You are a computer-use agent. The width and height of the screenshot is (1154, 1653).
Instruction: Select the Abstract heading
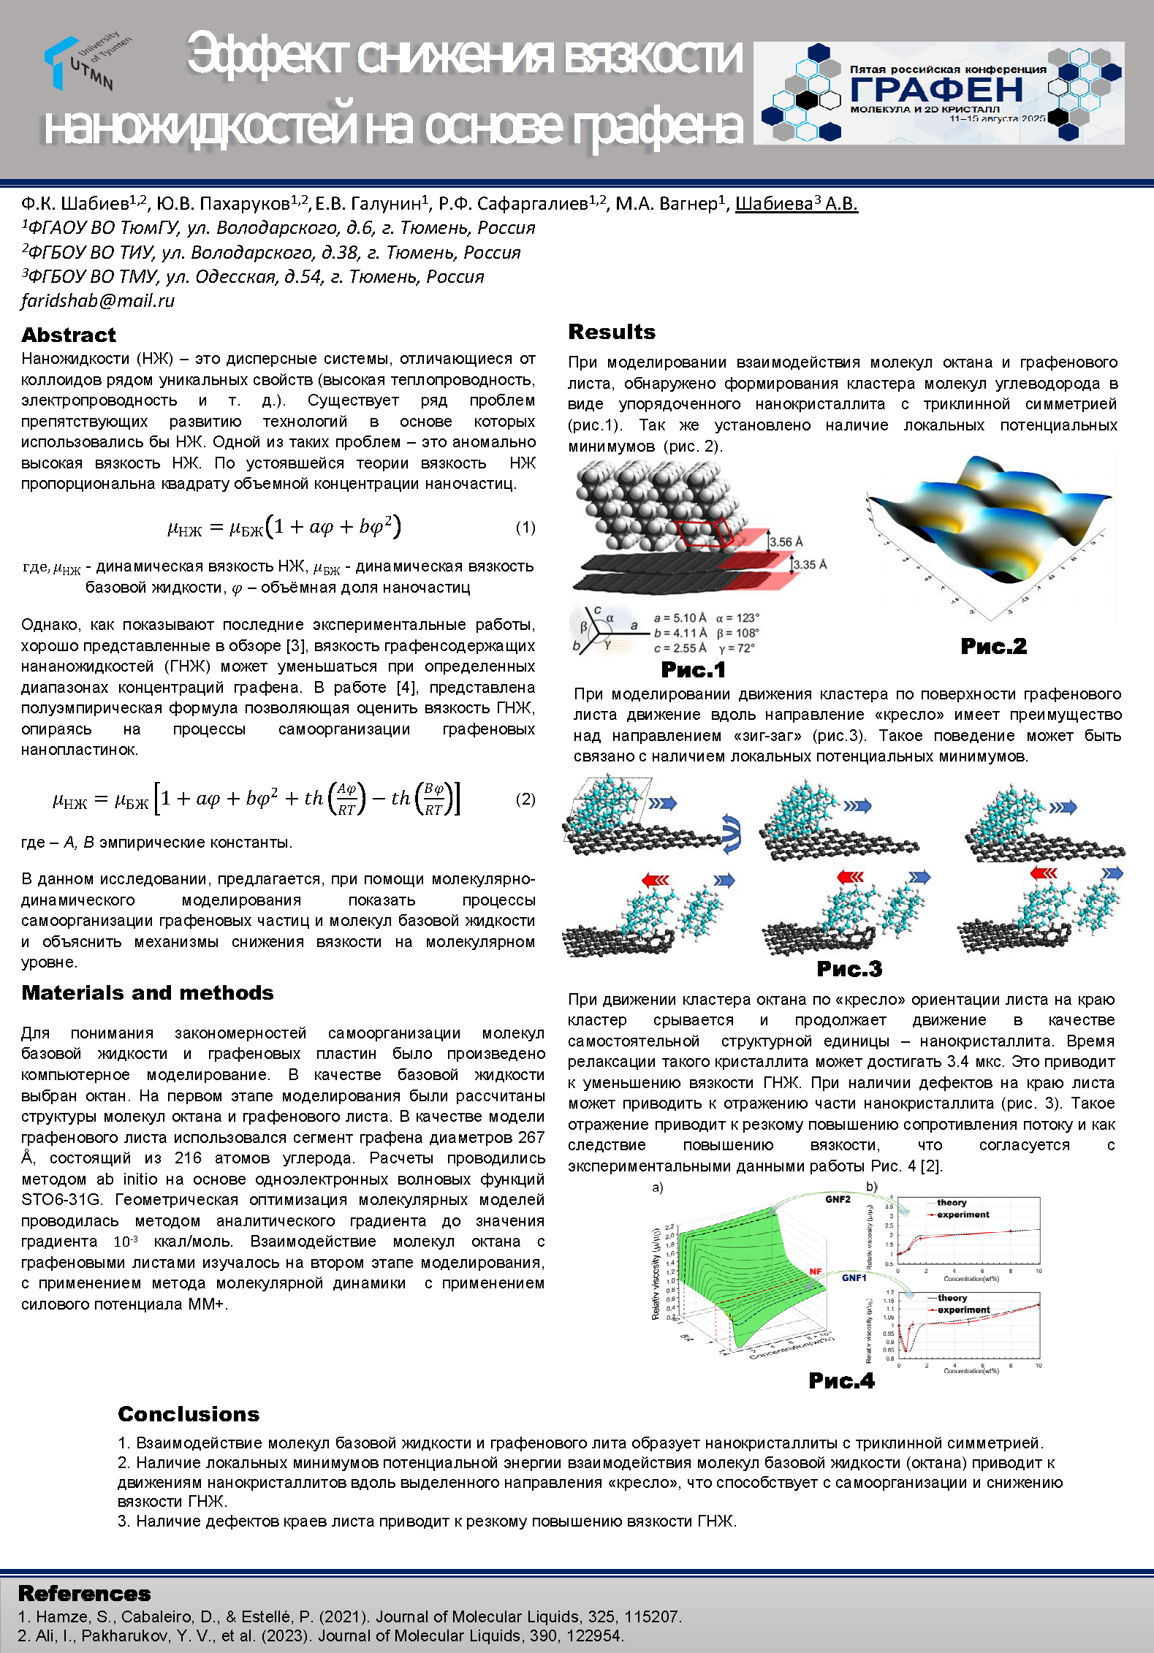[69, 335]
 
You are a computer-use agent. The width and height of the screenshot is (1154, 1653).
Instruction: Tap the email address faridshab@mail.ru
[98, 300]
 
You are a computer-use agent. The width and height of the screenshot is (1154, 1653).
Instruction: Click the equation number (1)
[525, 527]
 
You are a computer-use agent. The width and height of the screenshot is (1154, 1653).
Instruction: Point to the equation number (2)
[525, 799]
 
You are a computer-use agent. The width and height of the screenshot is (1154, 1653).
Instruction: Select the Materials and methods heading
[148, 992]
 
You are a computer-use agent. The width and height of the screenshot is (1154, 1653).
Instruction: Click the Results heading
[612, 332]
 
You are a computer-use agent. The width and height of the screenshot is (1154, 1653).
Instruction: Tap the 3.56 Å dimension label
[786, 541]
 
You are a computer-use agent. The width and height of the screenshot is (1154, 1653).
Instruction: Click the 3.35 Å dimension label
[810, 564]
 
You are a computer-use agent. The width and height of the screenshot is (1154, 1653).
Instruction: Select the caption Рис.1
[693, 669]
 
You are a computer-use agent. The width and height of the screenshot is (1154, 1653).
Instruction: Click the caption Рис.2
[993, 646]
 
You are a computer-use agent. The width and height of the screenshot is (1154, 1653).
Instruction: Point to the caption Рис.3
[849, 969]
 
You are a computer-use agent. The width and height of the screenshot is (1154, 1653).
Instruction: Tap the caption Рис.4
[841, 1380]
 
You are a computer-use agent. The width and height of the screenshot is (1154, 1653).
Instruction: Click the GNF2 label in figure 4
[838, 1199]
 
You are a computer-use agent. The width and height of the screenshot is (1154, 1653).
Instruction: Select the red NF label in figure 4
[815, 1272]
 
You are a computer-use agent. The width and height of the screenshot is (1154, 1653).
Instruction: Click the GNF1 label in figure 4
[854, 1278]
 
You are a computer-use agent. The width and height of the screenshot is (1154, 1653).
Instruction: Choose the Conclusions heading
[189, 1414]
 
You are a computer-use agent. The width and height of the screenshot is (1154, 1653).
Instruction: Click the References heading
[84, 1594]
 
